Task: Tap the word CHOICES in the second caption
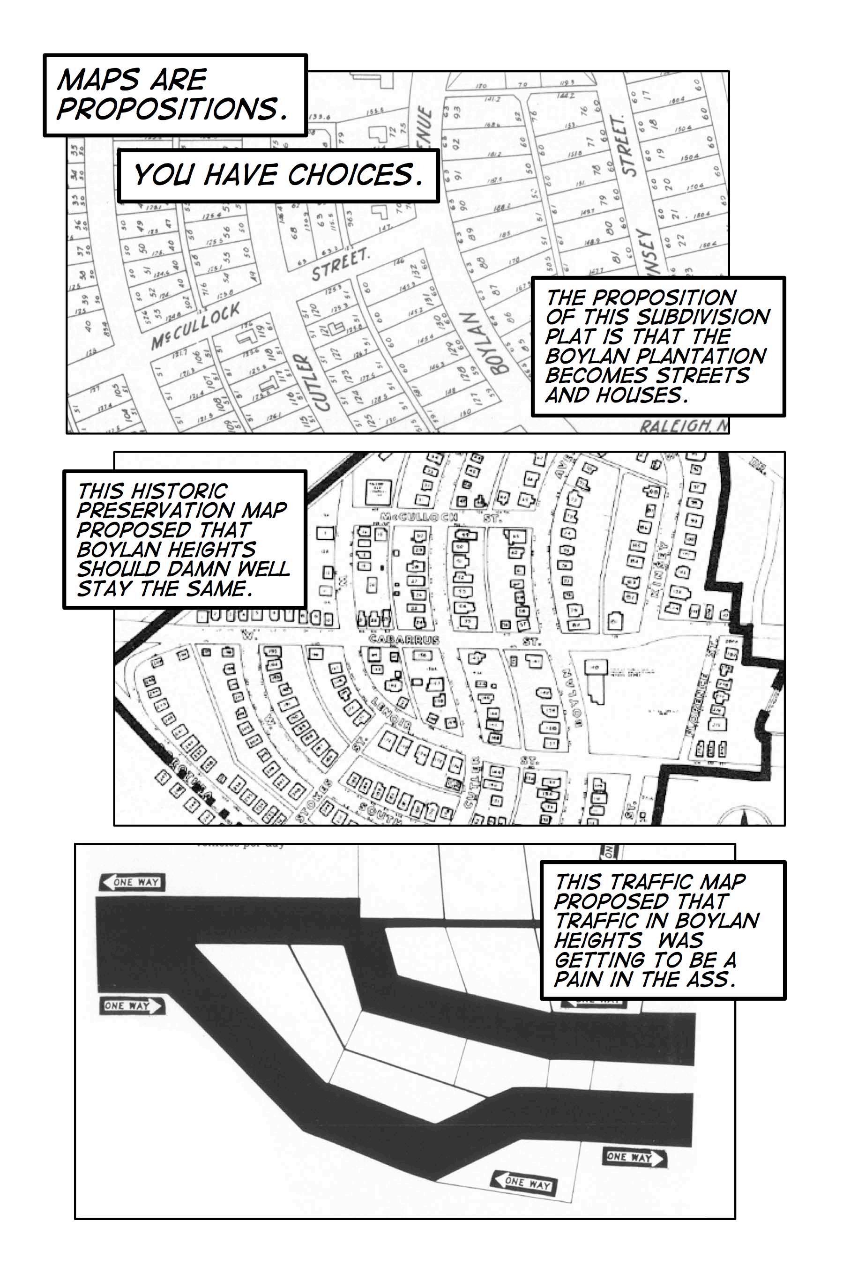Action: [355, 175]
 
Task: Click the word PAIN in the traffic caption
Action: [577, 979]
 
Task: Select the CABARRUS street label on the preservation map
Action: [404, 640]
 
